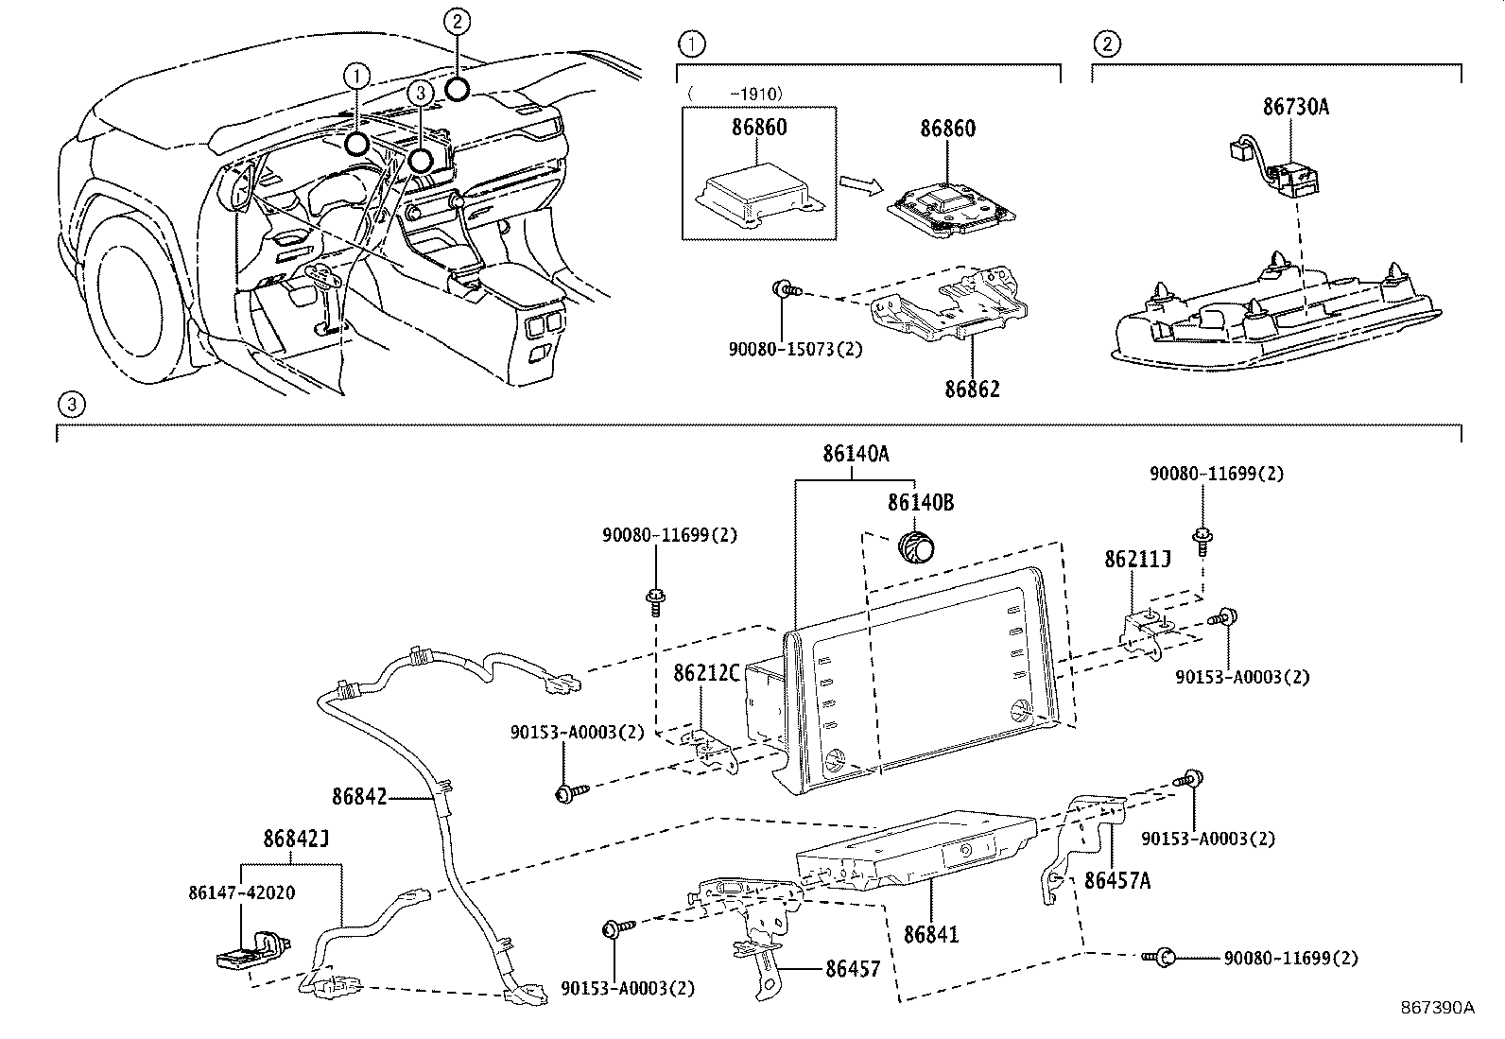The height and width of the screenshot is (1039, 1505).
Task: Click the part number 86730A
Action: [x=1295, y=107]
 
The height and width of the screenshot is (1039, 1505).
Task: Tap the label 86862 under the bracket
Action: [x=973, y=390]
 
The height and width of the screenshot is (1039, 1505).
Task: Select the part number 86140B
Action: [x=920, y=503]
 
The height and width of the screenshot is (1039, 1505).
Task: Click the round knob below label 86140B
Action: [x=914, y=546]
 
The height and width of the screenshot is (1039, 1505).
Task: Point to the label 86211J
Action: [x=1137, y=560]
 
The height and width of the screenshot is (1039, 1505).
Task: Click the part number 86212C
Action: [x=705, y=673]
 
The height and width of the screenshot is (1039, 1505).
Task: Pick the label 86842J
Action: [x=295, y=838]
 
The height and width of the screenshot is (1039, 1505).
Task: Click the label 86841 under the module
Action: [x=930, y=934]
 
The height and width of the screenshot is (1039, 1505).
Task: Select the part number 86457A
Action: [x=1116, y=880]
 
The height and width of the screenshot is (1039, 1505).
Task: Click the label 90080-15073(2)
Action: [x=795, y=348]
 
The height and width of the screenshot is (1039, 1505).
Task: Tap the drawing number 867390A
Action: [x=1437, y=1008]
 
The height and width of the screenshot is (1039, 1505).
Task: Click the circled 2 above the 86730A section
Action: [x=1107, y=43]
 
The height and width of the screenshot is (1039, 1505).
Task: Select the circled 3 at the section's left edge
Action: [x=71, y=406]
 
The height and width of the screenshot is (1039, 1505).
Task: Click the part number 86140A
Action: [x=855, y=454]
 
